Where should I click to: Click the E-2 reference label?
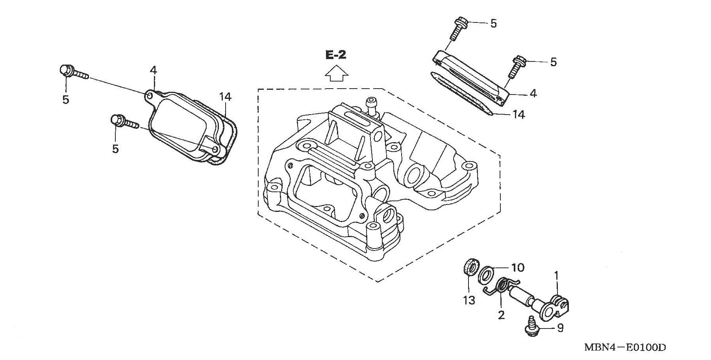(335, 55)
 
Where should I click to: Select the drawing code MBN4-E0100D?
(625, 347)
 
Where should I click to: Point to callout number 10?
(518, 268)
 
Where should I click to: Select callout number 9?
(560, 328)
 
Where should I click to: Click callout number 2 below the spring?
(501, 315)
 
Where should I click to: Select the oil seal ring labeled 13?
(470, 268)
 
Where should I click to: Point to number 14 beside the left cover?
(225, 97)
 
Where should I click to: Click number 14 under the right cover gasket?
(518, 115)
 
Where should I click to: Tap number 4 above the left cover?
(153, 71)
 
